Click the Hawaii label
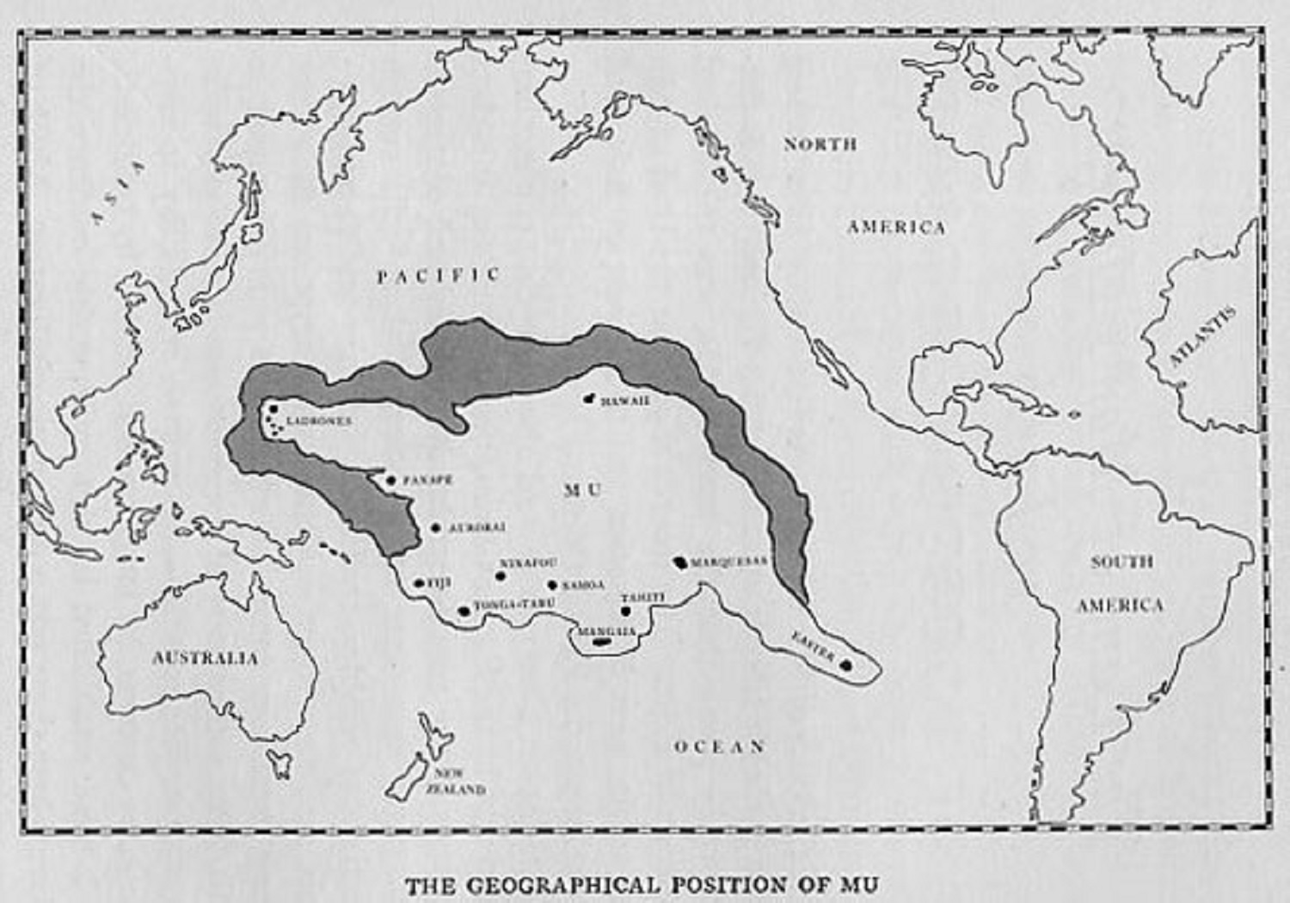pyautogui.click(x=625, y=402)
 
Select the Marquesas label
pyautogui.click(x=728, y=562)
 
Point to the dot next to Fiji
pyautogui.click(x=420, y=583)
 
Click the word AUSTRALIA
pyautogui.click(x=205, y=658)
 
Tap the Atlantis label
pyautogui.click(x=1203, y=335)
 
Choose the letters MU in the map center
pyautogui.click(x=582, y=490)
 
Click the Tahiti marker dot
pyautogui.click(x=626, y=611)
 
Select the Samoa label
pyautogui.click(x=583, y=586)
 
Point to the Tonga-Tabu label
pyautogui.click(x=513, y=605)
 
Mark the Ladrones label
pyautogui.click(x=319, y=421)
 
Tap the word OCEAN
pyautogui.click(x=719, y=746)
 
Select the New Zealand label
pyautogui.click(x=455, y=781)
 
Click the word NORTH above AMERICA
pyautogui.click(x=820, y=144)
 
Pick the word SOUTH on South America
pyautogui.click(x=1121, y=562)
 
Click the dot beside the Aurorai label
pyautogui.click(x=436, y=527)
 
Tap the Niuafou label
pyautogui.click(x=528, y=562)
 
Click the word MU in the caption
pyautogui.click(x=863, y=885)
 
